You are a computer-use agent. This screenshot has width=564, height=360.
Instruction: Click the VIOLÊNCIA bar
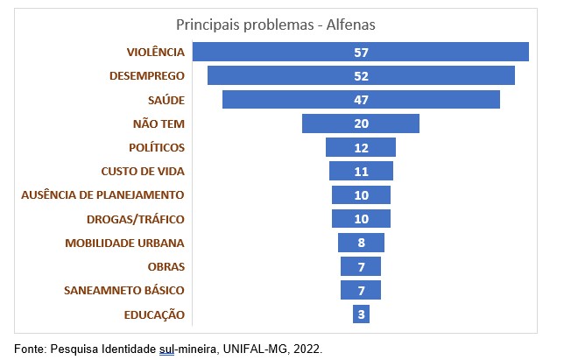(263, 52)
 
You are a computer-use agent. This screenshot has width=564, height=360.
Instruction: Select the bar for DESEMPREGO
(263, 75)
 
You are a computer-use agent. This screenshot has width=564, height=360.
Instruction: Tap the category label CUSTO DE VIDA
(143, 171)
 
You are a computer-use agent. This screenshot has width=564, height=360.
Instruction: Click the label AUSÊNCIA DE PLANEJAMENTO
(102, 194)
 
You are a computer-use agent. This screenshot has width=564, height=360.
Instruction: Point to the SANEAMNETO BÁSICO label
(124, 290)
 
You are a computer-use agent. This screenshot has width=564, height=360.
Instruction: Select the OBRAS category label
(166, 266)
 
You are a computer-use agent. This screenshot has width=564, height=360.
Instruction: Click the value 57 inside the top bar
(361, 53)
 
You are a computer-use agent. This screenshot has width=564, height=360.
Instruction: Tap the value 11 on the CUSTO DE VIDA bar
(361, 172)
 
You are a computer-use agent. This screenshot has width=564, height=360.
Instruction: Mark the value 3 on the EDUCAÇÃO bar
(361, 314)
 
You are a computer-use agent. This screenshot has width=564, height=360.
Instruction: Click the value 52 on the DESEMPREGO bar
(361, 76)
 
